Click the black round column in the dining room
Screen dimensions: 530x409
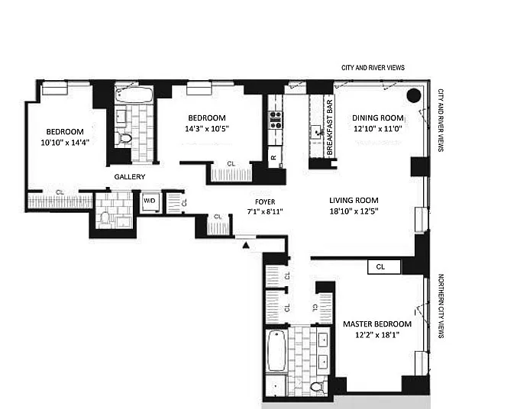pos(414,96)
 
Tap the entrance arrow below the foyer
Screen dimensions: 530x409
pos(246,246)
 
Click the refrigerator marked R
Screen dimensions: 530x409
pos(274,157)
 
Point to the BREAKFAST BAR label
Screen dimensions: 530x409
pos(330,127)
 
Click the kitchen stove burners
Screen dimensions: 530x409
pos(275,120)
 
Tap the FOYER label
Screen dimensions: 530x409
pos(265,202)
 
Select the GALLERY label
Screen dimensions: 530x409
pos(130,176)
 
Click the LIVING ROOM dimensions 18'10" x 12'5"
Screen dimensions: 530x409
pos(354,211)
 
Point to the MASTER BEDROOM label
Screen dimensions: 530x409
pos(377,324)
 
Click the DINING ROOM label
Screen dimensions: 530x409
pos(378,118)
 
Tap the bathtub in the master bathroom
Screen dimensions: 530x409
pos(276,350)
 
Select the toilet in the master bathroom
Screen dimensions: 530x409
pos(317,387)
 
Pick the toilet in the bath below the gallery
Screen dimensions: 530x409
pos(105,220)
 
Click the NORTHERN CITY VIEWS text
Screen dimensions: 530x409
pos(441,306)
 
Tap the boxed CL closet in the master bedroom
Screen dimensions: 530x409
pos(384,267)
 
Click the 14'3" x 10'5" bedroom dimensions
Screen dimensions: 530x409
pos(207,129)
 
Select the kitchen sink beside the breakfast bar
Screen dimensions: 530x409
pos(317,131)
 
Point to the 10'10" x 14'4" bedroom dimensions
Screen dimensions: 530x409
pos(65,143)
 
